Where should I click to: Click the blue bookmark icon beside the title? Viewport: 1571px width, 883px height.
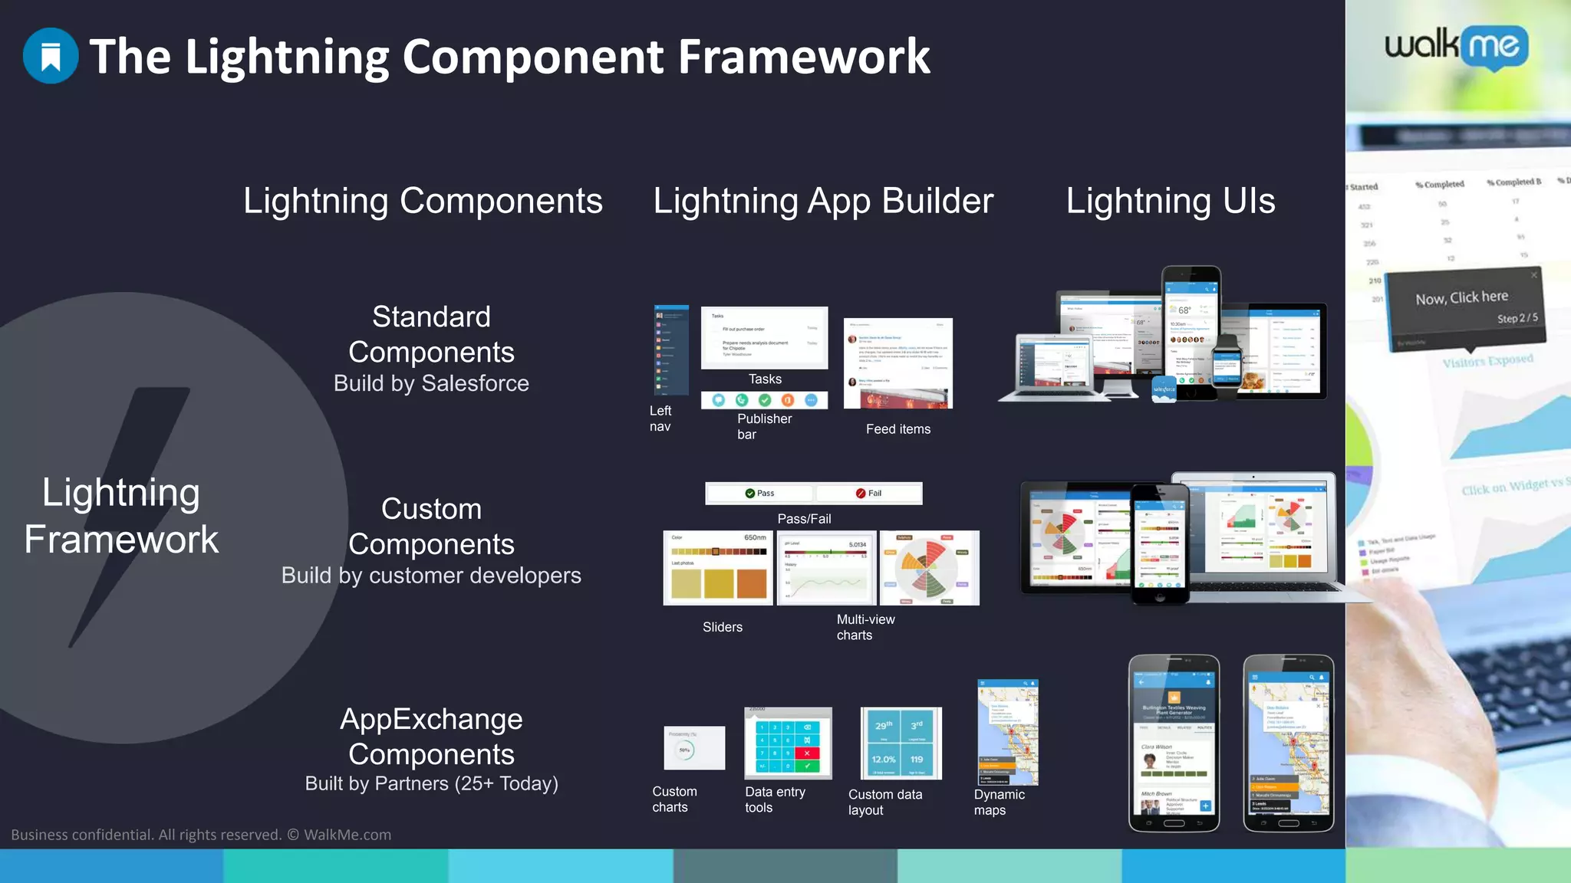coord(51,56)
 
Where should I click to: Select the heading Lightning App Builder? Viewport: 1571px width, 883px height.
coord(822,202)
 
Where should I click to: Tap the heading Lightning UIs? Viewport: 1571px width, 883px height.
coord(1170,202)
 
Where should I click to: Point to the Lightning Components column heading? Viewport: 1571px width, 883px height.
coord(423,202)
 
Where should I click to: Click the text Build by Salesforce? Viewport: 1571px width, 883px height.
coord(431,383)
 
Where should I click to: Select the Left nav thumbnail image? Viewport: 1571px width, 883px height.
coord(671,350)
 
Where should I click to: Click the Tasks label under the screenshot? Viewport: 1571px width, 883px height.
coord(765,379)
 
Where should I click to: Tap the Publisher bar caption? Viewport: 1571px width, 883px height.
coord(764,426)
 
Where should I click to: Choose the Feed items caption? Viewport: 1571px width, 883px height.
coord(897,429)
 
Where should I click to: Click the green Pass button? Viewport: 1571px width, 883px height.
coord(759,494)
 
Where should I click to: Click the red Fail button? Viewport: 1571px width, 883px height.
coord(869,494)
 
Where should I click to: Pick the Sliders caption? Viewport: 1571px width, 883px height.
coord(722,627)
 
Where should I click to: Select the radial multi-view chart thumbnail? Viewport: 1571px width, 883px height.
coord(929,568)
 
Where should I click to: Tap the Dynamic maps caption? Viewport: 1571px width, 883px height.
coord(999,803)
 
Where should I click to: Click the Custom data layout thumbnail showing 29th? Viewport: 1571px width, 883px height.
coord(901,743)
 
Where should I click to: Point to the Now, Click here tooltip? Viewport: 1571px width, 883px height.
coord(1465,306)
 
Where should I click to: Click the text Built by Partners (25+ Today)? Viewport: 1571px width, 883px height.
coord(431,783)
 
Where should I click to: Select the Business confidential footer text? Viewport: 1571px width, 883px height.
coord(201,835)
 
